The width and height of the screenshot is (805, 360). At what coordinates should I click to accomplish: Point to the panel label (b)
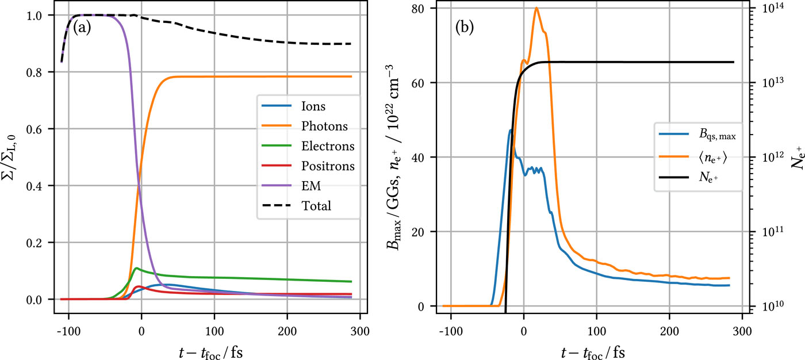(x=464, y=27)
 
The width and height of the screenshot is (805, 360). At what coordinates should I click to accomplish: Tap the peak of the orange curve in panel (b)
(x=536, y=8)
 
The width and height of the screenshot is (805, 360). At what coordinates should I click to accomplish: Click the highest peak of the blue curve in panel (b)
(x=510, y=131)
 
